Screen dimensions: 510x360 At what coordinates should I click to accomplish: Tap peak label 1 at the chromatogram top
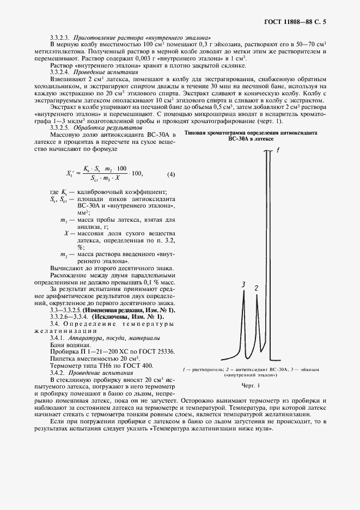pos(278,151)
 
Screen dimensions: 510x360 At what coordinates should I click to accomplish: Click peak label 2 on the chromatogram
pos(256,287)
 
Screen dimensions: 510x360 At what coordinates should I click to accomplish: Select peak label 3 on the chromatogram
pos(243,285)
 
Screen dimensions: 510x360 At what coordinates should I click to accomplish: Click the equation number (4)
pos(171,174)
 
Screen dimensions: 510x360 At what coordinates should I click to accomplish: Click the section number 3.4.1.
pos(57,338)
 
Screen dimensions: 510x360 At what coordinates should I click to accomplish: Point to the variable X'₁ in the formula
pos(70,174)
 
